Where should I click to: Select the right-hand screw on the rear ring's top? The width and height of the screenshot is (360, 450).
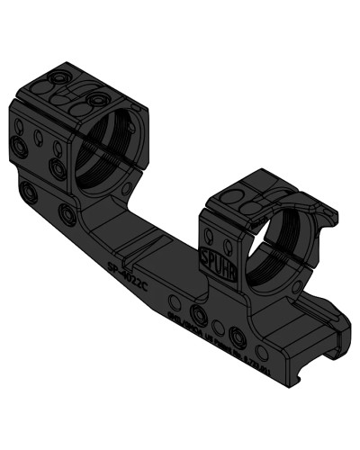[95, 99]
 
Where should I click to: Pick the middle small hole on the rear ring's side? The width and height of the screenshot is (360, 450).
[39, 137]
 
